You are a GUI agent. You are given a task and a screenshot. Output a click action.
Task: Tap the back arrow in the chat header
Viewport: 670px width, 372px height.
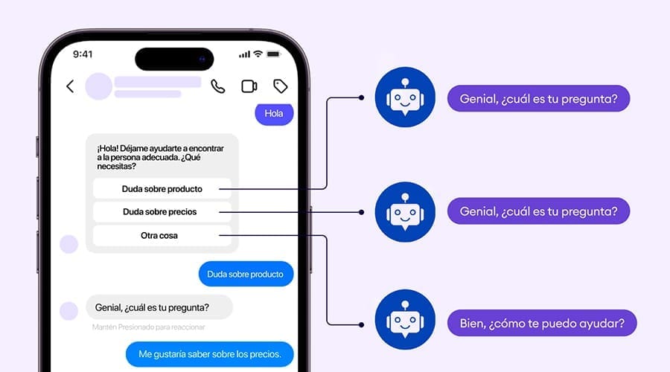point(70,86)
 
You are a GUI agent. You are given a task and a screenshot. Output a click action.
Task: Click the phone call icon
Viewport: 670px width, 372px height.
point(217,86)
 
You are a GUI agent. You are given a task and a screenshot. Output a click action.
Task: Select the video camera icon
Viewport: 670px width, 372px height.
point(249,86)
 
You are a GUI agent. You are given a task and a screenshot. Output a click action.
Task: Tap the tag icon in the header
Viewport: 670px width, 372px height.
point(281,86)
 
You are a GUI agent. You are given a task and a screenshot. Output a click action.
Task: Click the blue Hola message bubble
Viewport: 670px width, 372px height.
point(274,114)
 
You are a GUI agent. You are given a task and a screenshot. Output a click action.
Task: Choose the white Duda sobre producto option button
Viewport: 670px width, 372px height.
point(162,188)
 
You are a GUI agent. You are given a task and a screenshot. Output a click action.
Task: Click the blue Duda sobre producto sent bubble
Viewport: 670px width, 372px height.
point(246,274)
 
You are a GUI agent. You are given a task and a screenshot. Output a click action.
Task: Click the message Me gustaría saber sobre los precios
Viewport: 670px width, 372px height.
point(209,354)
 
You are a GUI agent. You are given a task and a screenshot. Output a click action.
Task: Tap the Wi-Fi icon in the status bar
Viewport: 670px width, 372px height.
point(258,54)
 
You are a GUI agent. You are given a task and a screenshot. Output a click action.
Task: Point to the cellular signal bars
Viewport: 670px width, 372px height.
point(244,54)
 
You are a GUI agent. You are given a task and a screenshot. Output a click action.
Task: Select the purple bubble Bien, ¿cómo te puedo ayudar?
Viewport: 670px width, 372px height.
point(541,324)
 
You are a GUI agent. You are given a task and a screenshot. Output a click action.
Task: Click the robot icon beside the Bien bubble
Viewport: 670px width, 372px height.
point(404,320)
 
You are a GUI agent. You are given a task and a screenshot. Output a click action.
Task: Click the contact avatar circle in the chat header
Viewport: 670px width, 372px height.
point(99,86)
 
